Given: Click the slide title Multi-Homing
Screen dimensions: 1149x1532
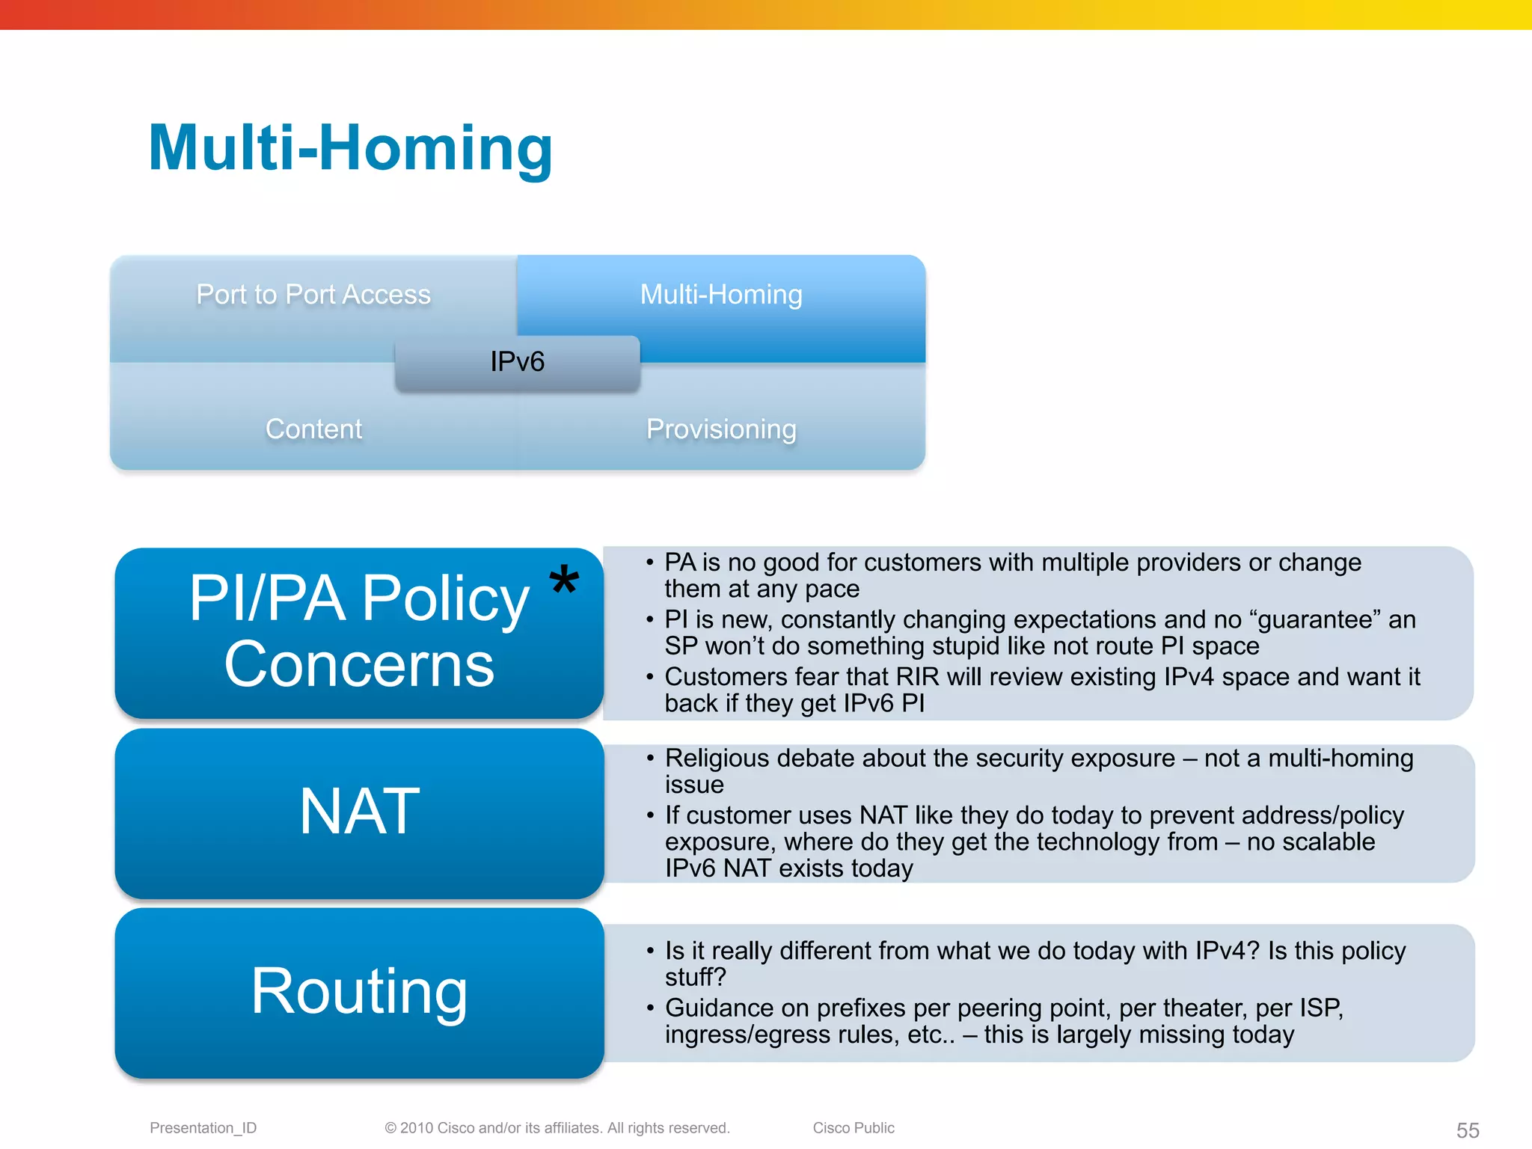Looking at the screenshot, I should (x=350, y=148).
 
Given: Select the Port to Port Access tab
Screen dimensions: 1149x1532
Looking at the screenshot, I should (x=313, y=295).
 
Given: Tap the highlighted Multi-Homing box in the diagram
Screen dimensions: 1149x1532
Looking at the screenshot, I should (x=721, y=295).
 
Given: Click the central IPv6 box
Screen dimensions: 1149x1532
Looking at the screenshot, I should (x=517, y=362).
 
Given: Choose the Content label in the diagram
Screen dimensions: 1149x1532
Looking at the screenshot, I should (x=313, y=429).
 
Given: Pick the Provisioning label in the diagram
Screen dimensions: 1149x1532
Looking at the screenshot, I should (x=721, y=429).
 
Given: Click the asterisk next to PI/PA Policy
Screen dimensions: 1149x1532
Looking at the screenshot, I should (x=564, y=580).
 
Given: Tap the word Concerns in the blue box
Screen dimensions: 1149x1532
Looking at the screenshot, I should (x=359, y=664).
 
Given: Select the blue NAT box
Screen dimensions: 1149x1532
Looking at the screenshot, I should (x=359, y=812).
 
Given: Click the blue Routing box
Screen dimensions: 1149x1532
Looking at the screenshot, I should (x=359, y=992).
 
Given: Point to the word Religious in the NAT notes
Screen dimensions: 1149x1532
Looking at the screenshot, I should (x=717, y=759).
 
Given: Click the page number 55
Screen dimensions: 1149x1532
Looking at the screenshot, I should (x=1467, y=1130).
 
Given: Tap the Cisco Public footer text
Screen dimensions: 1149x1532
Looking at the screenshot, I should (x=853, y=1128).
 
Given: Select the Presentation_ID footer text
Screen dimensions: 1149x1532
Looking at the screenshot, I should (x=203, y=1128).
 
